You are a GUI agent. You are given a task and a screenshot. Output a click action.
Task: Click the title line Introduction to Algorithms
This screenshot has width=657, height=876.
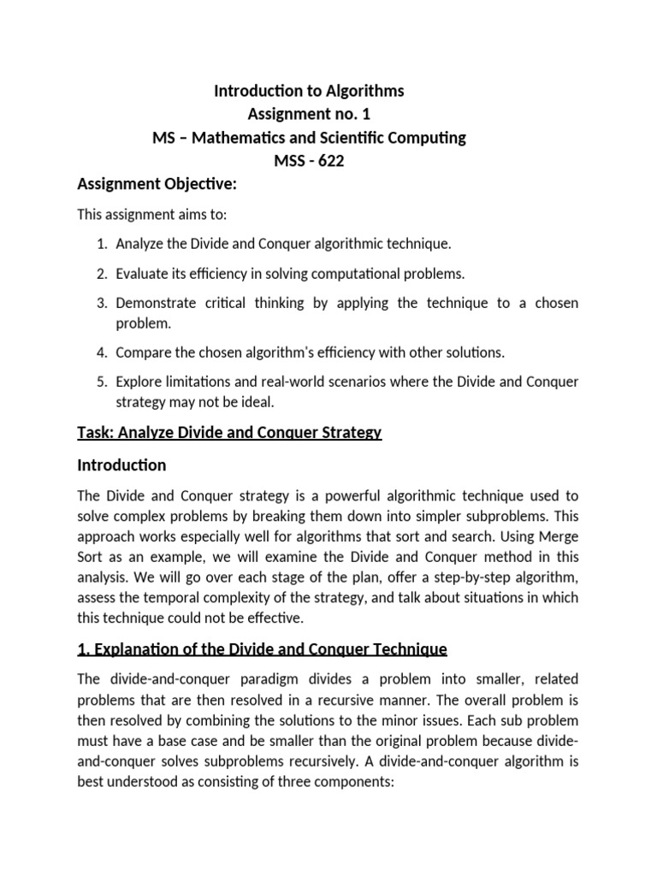click(x=309, y=91)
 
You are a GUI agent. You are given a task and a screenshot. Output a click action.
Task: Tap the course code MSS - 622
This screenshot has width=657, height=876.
click(x=309, y=160)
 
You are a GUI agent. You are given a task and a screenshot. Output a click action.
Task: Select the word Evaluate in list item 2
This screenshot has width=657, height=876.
click(x=142, y=273)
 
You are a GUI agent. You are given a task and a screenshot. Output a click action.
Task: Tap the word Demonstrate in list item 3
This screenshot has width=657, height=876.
click(x=156, y=303)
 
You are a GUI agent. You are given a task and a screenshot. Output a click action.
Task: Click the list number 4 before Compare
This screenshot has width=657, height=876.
click(x=100, y=352)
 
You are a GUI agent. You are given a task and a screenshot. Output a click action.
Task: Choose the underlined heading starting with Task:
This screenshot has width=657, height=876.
click(x=229, y=432)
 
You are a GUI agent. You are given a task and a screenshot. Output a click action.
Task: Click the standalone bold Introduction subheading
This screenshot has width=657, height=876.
click(x=121, y=465)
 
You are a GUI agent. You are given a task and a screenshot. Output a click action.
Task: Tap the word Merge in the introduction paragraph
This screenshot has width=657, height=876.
click(x=559, y=536)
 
